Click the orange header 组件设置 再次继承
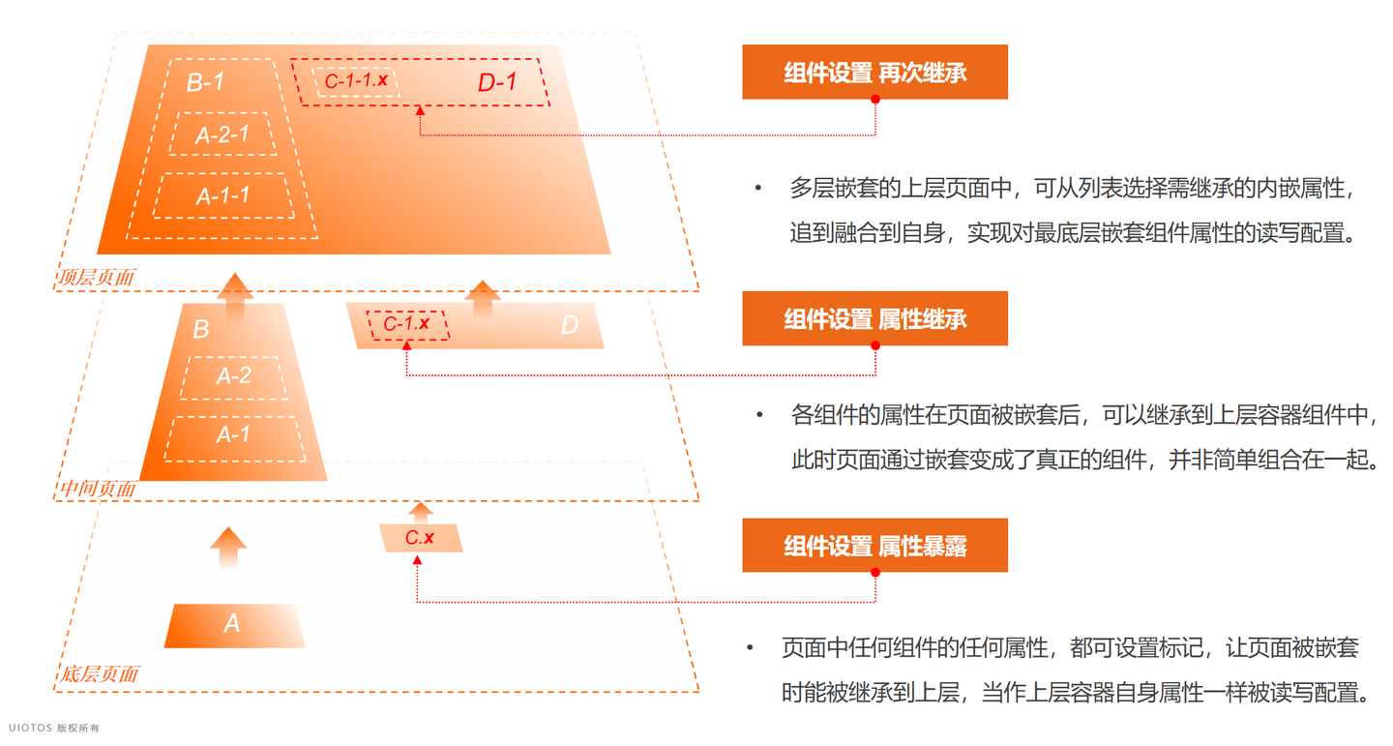coord(874,72)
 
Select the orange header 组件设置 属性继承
coord(874,318)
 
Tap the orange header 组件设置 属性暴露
coord(874,546)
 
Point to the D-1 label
coord(497,83)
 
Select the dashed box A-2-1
coord(222,134)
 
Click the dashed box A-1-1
coord(223,195)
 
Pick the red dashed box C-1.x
coord(406,324)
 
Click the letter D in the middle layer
coord(570,326)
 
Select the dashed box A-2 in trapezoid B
coord(233,376)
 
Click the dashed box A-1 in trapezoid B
coord(233,435)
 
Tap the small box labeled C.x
coord(420,538)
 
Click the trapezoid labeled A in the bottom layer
coord(233,625)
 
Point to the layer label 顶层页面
coord(96,278)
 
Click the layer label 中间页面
coord(98,490)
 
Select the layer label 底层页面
coord(99,674)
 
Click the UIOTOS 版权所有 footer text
coord(54,728)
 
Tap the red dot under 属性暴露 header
coord(875,573)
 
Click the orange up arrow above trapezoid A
coord(228,547)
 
